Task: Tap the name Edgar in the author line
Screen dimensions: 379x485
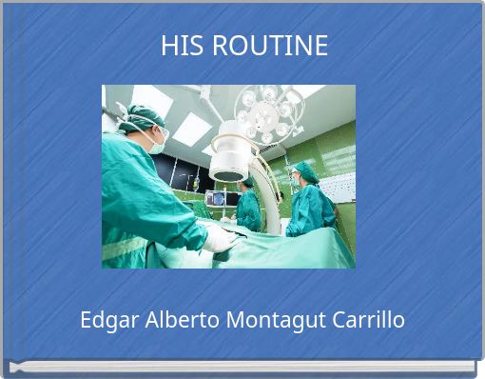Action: (x=109, y=320)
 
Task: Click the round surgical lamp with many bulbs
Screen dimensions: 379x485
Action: (x=267, y=112)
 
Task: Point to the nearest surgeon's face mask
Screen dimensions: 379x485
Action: (x=157, y=143)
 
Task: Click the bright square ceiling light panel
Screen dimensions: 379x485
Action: (x=191, y=129)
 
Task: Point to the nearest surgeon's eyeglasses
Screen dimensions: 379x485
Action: (x=160, y=132)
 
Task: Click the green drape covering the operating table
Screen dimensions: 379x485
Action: (x=285, y=249)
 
